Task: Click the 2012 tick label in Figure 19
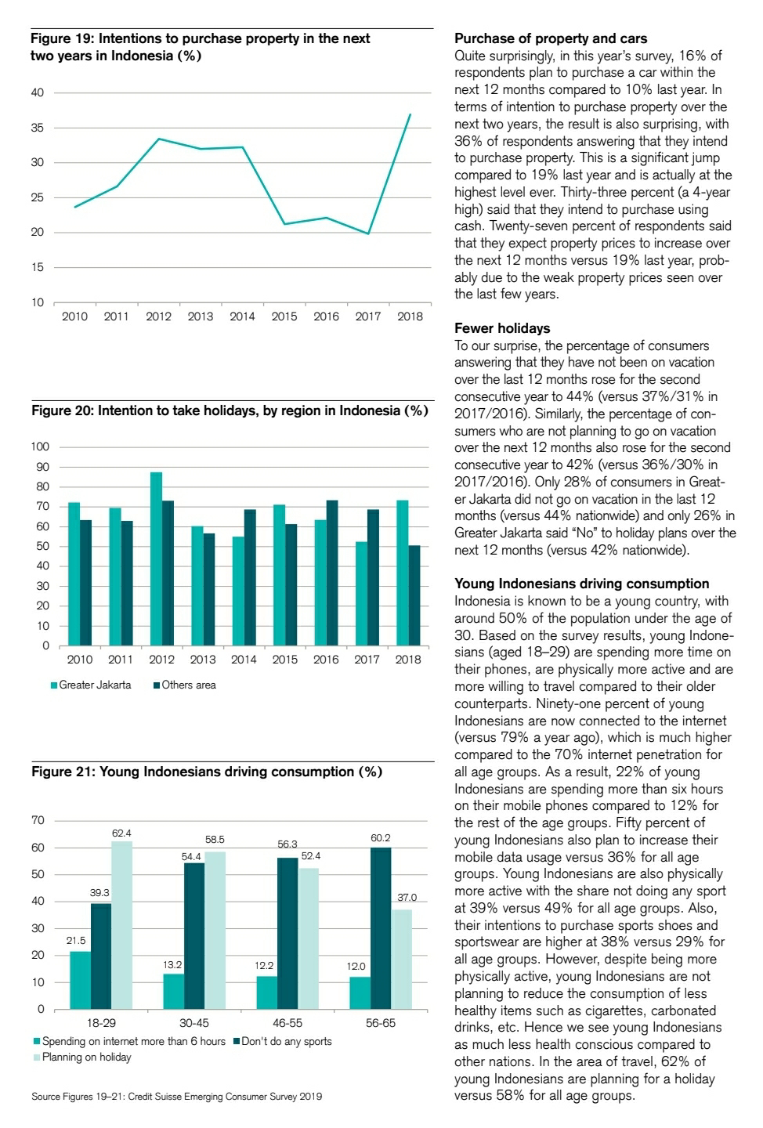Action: click(158, 316)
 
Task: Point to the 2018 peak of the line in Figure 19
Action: click(410, 115)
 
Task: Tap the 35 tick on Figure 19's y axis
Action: click(38, 128)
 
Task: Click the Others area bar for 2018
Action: click(414, 595)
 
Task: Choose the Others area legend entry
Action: click(188, 685)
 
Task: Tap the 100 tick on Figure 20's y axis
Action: click(40, 446)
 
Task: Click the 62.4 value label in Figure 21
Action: click(121, 833)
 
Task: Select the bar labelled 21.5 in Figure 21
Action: click(80, 980)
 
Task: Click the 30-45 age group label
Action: click(193, 1023)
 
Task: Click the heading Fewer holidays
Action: click(502, 328)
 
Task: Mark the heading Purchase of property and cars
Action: click(551, 38)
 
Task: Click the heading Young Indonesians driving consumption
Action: click(581, 584)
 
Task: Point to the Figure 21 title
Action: click(207, 772)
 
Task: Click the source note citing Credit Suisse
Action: click(176, 1096)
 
